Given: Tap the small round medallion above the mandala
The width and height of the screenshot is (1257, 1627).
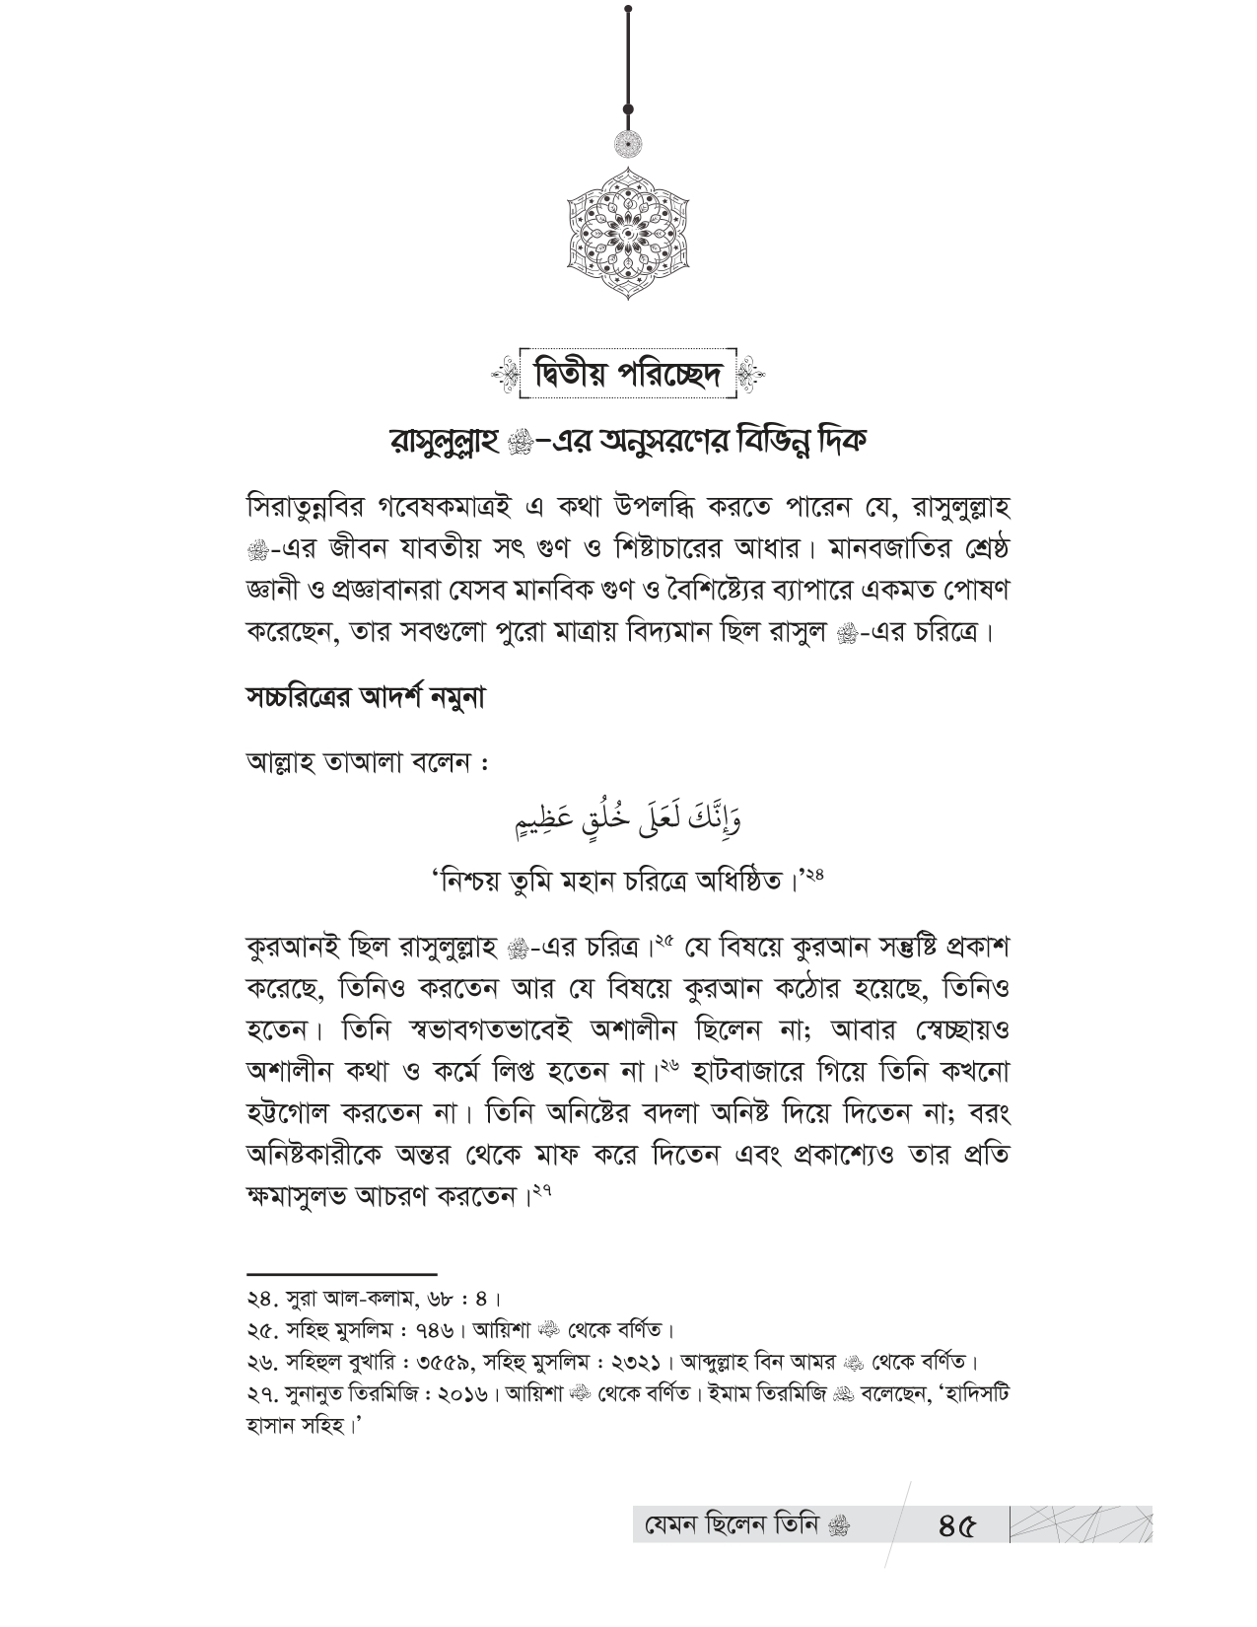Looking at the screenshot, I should pyautogui.click(x=628, y=145).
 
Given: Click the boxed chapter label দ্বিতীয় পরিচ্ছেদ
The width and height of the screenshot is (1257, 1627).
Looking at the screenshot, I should pyautogui.click(x=628, y=376).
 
